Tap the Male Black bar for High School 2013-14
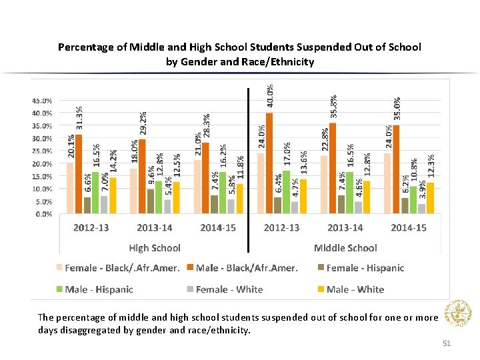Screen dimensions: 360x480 tap(142, 177)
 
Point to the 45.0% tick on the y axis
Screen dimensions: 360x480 tap(43, 101)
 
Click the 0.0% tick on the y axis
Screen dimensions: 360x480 tap(43, 214)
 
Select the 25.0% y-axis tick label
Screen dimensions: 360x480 tap(43, 151)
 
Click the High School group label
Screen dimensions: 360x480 tap(155, 248)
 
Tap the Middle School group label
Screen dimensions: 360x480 tap(345, 248)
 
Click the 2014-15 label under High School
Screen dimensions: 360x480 tap(218, 228)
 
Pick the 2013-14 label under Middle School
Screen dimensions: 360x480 tap(345, 228)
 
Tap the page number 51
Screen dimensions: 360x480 tap(447, 343)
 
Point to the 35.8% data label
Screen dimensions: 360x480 tap(333, 107)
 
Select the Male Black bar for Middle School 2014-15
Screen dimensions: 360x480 tap(396, 169)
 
